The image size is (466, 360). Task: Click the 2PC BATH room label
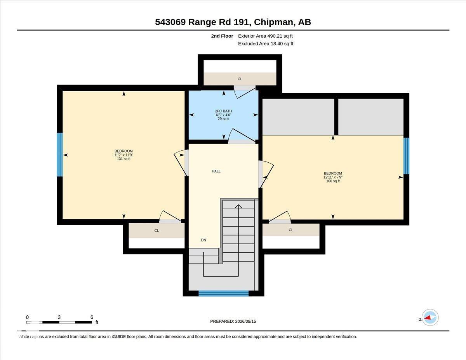tap(223, 111)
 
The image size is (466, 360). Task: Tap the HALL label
tap(216, 171)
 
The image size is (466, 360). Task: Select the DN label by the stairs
tap(203, 240)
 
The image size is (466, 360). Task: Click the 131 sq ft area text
tap(123, 159)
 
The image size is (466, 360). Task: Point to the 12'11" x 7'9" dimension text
tap(333, 177)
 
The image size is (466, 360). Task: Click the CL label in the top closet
tap(240, 79)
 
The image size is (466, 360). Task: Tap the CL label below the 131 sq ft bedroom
tap(156, 231)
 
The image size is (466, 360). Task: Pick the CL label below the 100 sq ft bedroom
tap(291, 230)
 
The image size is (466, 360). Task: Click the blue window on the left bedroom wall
tap(60, 155)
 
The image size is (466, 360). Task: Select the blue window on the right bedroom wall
tap(406, 156)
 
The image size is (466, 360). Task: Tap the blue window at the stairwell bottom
tap(223, 293)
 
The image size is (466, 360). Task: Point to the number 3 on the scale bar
tap(59, 317)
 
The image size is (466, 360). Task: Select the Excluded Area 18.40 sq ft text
tap(266, 43)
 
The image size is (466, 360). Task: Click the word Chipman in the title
tap(273, 22)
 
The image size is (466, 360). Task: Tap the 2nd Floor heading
tap(222, 36)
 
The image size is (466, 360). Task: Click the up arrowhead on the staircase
tap(238, 206)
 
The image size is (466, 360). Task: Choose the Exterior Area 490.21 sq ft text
tap(265, 36)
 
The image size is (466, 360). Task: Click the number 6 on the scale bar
tap(92, 317)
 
